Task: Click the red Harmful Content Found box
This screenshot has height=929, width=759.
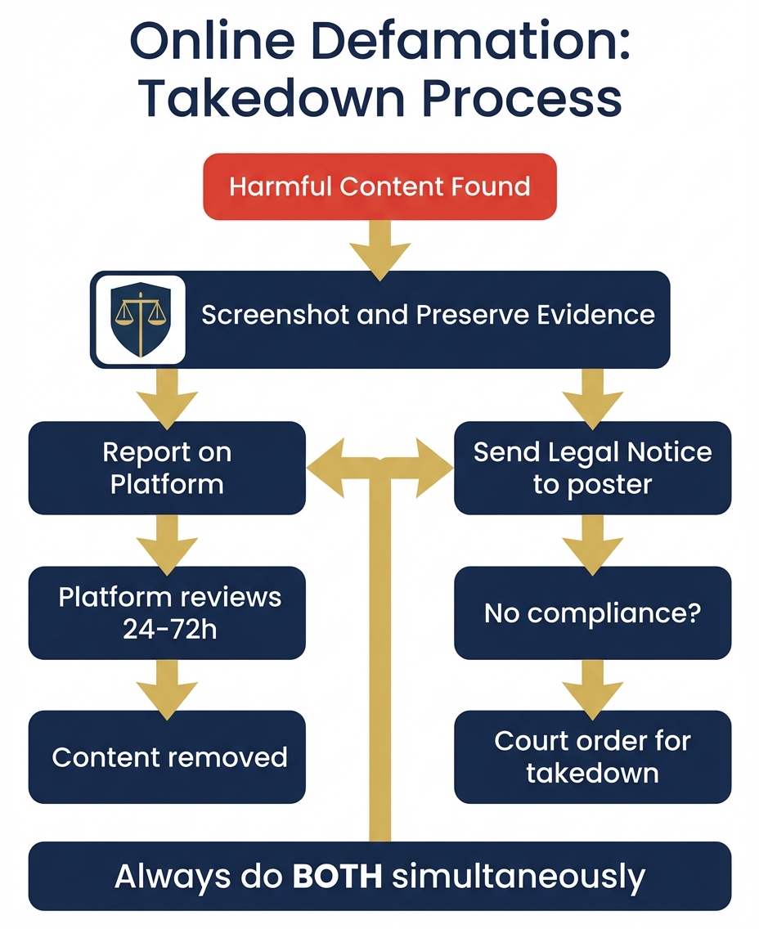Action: [x=379, y=186]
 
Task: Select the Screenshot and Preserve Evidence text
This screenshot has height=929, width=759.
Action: [x=428, y=316]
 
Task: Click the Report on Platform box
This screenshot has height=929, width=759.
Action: [x=167, y=468]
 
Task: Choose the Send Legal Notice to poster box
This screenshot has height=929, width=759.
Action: [x=592, y=468]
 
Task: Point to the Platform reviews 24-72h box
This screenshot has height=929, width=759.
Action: [x=167, y=613]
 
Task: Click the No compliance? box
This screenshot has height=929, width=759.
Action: [x=592, y=613]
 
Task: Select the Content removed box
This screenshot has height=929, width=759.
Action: [x=167, y=757]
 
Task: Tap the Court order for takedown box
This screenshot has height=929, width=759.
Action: [x=592, y=757]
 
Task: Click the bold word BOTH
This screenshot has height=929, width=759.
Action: [x=337, y=876]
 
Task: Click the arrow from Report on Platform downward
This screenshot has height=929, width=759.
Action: [x=167, y=543]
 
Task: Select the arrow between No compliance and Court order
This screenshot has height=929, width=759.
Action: [x=592, y=687]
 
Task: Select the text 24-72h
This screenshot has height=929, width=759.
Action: [x=171, y=630]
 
